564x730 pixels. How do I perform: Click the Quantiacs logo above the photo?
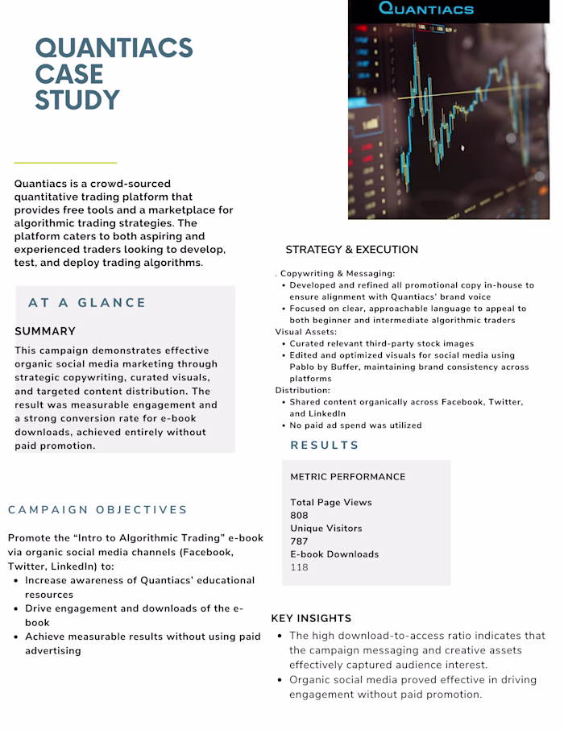coord(425,10)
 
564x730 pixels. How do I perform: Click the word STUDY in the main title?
coord(77,101)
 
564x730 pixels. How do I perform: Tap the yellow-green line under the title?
coord(65,163)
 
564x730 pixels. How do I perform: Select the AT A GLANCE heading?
coord(87,303)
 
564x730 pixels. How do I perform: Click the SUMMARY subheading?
coord(45,331)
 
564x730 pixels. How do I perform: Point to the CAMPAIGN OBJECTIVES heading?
coord(97,510)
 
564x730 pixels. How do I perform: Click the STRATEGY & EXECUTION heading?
coord(351,250)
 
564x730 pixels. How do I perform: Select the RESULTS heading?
coord(325,446)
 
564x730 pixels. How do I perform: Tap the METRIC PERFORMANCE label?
coord(347,477)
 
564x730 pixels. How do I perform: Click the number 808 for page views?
coord(299,516)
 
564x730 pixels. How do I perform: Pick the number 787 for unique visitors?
coord(299,541)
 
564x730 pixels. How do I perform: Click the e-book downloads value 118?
coord(299,567)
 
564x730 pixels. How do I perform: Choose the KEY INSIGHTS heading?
coord(311,619)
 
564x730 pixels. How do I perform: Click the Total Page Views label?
coord(330,503)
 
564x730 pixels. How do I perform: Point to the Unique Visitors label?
coord(326,529)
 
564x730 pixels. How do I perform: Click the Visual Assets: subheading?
coord(305,332)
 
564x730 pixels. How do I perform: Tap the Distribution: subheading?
coord(302,390)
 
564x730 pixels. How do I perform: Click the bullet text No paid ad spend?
coord(355,425)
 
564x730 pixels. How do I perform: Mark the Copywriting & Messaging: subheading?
coord(338,274)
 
